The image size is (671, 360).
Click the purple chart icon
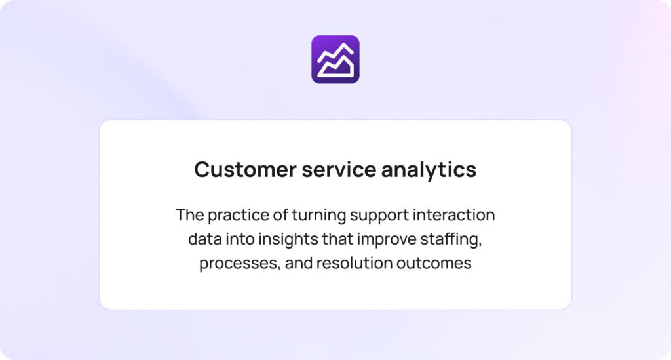pos(335,60)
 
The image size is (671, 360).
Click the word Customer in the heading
pos(245,169)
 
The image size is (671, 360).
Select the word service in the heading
pos(339,169)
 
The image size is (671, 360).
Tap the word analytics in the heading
pos(429,170)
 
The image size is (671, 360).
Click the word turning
pos(319,216)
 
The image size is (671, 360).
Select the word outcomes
pos(434,264)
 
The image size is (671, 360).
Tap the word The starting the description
pos(189,215)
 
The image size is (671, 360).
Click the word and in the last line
pos(299,263)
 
